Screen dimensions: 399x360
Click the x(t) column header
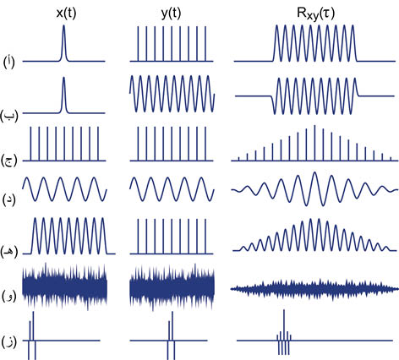[x=66, y=13]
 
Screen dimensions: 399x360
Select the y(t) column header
[x=171, y=13]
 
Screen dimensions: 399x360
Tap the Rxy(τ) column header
[x=316, y=14]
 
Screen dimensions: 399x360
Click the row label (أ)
[x=8, y=63]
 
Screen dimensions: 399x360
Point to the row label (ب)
[x=8, y=116]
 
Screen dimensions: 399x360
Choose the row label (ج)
[x=9, y=161]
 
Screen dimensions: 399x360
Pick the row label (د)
[x=8, y=199]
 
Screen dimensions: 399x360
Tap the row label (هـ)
[x=9, y=252]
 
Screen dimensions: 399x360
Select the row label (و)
[x=8, y=296]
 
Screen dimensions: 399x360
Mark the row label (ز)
[x=8, y=342]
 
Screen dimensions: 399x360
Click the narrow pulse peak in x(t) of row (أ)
[x=63, y=26]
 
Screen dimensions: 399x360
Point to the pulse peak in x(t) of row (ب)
[x=63, y=78]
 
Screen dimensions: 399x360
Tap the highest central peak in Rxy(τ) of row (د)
[x=314, y=173]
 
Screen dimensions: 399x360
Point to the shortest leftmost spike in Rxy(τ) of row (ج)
[x=238, y=159]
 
